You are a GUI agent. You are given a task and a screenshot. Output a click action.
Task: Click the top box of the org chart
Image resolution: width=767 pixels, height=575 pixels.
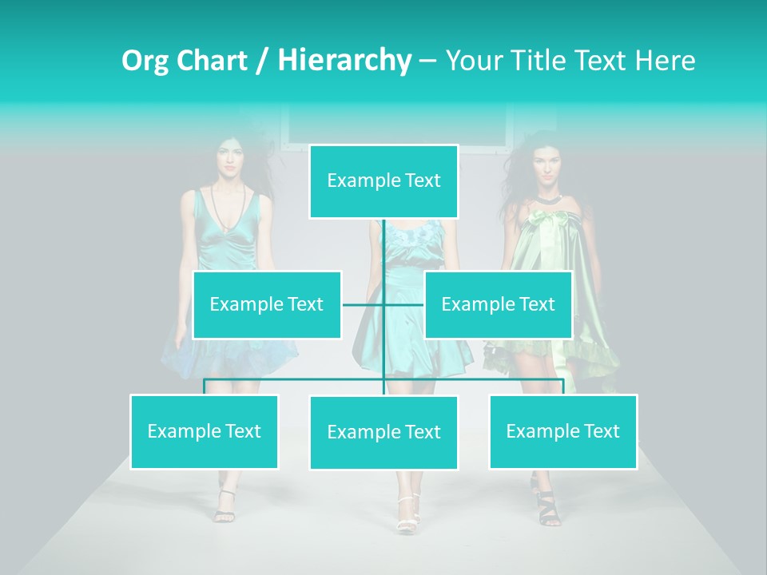(x=383, y=181)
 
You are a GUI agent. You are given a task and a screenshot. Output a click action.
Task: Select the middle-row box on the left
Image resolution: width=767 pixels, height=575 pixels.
(x=267, y=304)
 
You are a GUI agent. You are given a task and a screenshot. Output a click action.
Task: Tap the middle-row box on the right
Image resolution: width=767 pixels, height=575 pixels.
(x=498, y=304)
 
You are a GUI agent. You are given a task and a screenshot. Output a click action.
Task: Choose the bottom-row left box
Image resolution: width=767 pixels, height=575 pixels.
(x=204, y=431)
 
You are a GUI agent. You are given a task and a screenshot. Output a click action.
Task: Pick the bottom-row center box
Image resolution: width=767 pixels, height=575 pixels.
(x=383, y=432)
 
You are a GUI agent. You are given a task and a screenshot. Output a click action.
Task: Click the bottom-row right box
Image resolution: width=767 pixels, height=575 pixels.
(x=562, y=431)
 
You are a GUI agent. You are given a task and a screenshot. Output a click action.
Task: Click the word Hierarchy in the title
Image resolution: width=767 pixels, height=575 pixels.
(x=344, y=60)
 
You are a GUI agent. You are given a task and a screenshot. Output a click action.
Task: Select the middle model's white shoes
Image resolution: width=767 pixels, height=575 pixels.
(x=407, y=515)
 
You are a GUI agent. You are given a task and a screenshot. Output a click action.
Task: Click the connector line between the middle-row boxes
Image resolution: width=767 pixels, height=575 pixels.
(x=383, y=304)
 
